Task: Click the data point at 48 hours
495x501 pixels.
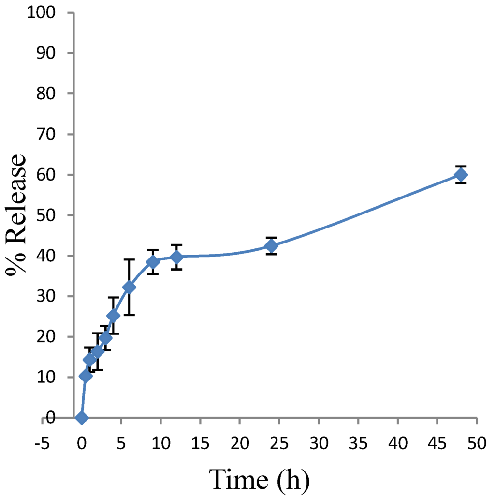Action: (x=461, y=175)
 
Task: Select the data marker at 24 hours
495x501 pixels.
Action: (x=272, y=245)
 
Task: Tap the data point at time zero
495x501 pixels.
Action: (x=82, y=418)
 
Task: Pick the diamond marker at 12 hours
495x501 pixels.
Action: (x=176, y=257)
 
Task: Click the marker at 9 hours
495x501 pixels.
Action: (x=153, y=262)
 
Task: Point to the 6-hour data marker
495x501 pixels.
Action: (x=129, y=287)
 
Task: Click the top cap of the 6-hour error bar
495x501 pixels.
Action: (x=129, y=259)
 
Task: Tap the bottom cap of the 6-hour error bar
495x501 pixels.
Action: (x=129, y=315)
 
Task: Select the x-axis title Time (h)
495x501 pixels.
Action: (x=259, y=480)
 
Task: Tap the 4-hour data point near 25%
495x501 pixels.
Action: (x=113, y=316)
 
